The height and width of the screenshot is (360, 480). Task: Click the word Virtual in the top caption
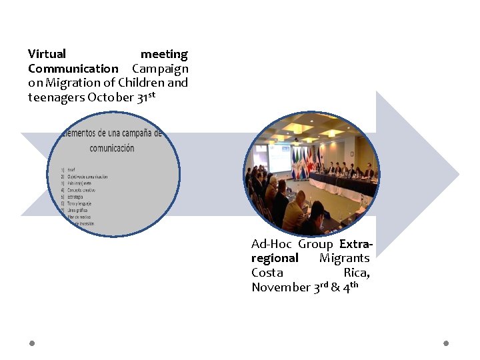(x=47, y=54)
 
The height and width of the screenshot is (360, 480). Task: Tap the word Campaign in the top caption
(x=160, y=69)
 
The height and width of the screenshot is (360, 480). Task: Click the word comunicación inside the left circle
(x=111, y=148)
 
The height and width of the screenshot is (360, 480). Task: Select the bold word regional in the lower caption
(x=275, y=258)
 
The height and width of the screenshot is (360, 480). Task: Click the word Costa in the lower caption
(x=267, y=273)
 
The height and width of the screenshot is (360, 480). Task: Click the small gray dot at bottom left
(x=32, y=343)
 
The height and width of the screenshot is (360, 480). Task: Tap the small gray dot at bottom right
(x=446, y=343)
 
